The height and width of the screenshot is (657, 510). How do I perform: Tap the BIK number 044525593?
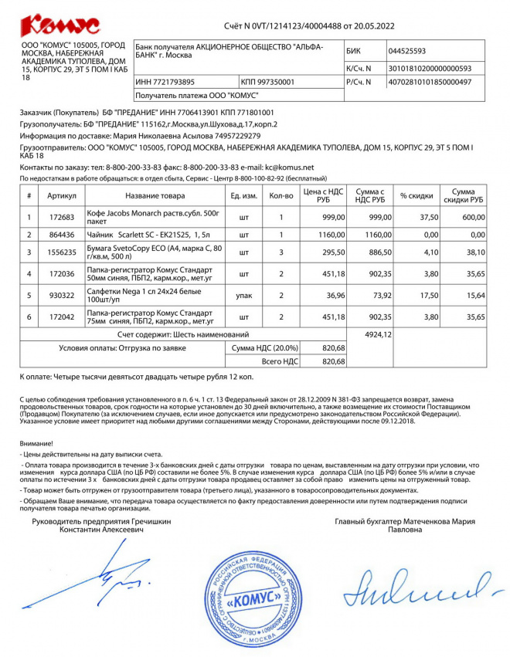(406, 52)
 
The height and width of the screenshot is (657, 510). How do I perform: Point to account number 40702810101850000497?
(430, 81)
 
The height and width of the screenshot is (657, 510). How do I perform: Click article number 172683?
(61, 217)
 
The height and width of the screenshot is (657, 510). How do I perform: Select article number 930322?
(61, 295)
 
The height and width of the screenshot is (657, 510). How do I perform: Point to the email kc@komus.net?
(289, 167)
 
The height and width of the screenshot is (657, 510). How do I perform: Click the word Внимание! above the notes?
(36, 443)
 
